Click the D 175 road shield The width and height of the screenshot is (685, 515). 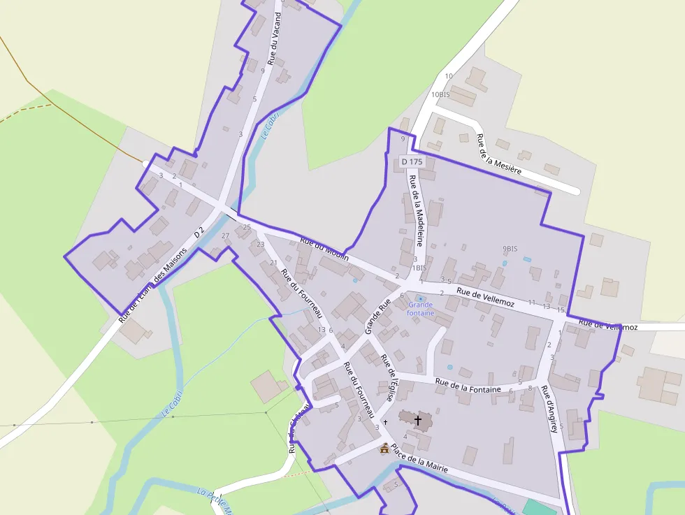coord(412,161)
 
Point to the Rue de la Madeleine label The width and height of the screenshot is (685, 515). coord(417,210)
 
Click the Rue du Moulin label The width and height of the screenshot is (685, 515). coord(324,247)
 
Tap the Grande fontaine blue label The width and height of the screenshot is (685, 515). coord(421,309)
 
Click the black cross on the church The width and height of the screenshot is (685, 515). coord(418,420)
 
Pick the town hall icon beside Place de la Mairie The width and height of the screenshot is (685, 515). coord(384,448)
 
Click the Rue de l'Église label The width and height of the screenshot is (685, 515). coord(389,377)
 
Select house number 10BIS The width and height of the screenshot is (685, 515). coord(440,94)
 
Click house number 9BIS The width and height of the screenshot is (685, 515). coord(510,249)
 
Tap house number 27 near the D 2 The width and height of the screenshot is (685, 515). coord(225,235)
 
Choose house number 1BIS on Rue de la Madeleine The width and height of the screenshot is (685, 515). coord(419,268)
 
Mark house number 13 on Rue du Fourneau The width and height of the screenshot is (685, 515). coord(322,330)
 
